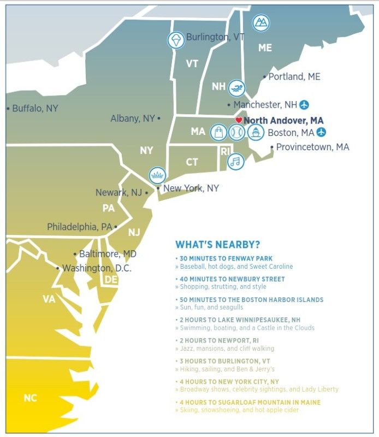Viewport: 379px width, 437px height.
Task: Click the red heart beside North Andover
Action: [x=238, y=120]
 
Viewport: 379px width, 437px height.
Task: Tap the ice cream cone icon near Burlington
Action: [x=176, y=40]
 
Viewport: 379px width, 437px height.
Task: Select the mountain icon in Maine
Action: [x=260, y=22]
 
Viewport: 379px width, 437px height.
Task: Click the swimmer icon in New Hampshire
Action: [x=236, y=88]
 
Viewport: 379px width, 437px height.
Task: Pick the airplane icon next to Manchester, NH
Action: [x=304, y=104]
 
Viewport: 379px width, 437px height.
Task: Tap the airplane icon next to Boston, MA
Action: [x=322, y=132]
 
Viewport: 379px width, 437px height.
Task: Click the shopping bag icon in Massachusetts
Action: [x=218, y=132]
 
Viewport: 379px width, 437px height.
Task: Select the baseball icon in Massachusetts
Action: [x=236, y=132]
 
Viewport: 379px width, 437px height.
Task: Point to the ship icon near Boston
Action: [x=255, y=132]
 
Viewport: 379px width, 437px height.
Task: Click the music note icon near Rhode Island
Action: [x=235, y=161]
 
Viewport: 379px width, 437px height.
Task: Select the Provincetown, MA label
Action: [x=312, y=147]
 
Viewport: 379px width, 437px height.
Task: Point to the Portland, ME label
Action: [x=294, y=77]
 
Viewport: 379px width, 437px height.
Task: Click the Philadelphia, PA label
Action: [x=79, y=227]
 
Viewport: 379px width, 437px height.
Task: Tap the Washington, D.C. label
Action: [x=97, y=268]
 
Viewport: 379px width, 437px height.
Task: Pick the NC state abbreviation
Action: [x=31, y=398]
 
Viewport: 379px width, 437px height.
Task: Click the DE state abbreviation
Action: [x=111, y=280]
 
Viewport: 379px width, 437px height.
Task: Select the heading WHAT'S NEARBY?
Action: [x=217, y=245]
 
